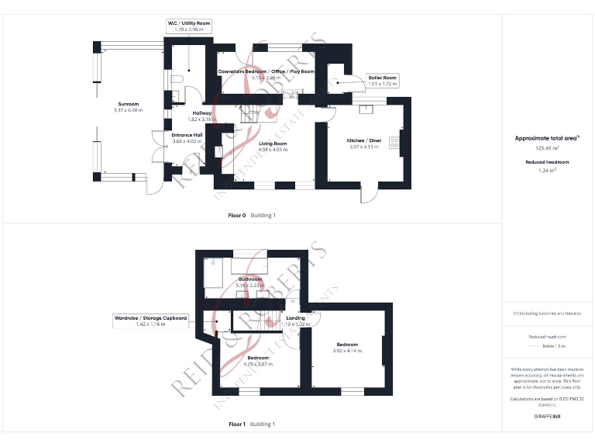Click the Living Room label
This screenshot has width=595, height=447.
[x=272, y=144]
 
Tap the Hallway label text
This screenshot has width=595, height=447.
[x=201, y=113]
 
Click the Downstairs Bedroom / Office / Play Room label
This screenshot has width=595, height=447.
[x=266, y=71]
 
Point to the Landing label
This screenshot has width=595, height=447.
[x=295, y=318]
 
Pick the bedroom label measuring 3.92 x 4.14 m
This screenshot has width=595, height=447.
[x=347, y=344]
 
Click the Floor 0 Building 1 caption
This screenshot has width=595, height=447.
[x=252, y=215]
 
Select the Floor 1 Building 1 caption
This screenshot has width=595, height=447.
[x=252, y=424]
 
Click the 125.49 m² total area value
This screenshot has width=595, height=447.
[x=548, y=147]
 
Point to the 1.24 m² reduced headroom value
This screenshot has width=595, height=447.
[x=548, y=171]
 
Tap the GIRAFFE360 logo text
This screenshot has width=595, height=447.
[x=548, y=417]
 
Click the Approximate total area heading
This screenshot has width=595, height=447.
[x=548, y=138]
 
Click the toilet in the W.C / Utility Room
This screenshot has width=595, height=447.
[x=177, y=78]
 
